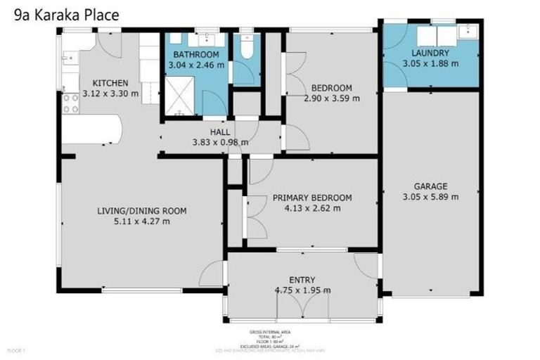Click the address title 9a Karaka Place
pos(67,15)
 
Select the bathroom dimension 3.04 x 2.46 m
pos(197,65)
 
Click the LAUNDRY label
pos(430,53)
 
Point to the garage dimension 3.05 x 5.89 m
pos(431,197)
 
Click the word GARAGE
pos(431,186)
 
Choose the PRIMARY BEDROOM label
pos(312,198)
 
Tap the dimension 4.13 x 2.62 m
pos(312,208)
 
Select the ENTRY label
pos(302,280)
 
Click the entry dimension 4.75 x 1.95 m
pos(302,290)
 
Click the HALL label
pos(219,131)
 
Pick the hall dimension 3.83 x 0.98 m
pos(219,142)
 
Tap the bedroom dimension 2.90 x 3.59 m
pos(332,98)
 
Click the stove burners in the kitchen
pos(71,103)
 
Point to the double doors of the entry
pos(302,307)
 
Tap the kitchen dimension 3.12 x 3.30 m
pos(110,94)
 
